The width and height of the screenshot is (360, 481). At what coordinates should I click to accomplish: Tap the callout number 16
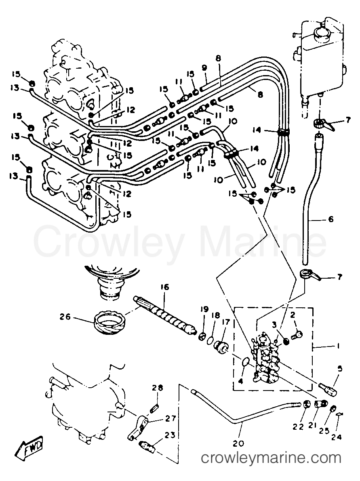pyautogui.click(x=164, y=287)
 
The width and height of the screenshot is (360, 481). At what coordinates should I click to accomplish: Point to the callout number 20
pyautogui.click(x=238, y=443)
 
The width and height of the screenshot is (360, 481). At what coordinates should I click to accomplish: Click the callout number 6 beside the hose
pyautogui.click(x=331, y=219)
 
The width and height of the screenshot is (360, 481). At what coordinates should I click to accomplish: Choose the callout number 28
pyautogui.click(x=157, y=388)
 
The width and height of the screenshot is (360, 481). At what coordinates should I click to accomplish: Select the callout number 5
pyautogui.click(x=340, y=368)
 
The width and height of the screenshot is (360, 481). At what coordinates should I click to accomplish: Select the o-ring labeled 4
pyautogui.click(x=245, y=362)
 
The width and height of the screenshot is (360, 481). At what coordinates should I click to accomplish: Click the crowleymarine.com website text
pyautogui.click(x=271, y=458)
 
